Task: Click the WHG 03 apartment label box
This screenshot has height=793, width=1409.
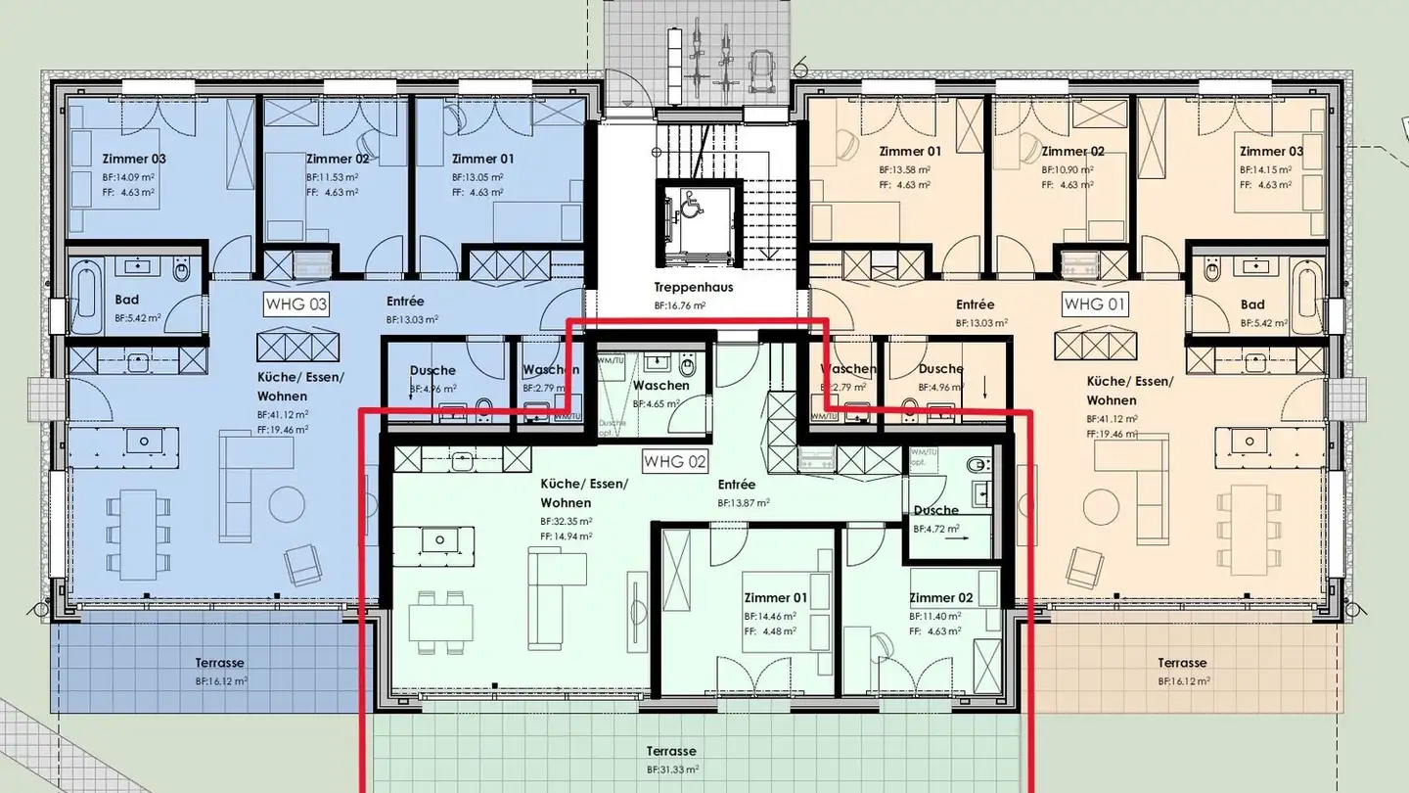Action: tap(296, 304)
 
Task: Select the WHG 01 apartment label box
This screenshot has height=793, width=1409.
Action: tap(1095, 304)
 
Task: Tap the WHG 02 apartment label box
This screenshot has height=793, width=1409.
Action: tap(674, 460)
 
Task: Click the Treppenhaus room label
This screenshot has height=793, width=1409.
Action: tap(694, 288)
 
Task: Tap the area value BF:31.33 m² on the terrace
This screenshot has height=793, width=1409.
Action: tap(671, 770)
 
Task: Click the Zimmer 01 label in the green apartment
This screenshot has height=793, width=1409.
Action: tap(775, 598)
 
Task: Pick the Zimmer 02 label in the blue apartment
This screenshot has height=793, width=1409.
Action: tap(337, 159)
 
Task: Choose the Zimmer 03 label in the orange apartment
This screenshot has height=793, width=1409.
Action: tap(1271, 152)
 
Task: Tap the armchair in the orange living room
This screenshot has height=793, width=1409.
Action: tap(1086, 566)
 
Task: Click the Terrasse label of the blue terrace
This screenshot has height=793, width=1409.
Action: tap(219, 663)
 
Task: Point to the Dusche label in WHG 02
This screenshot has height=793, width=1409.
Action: tap(935, 510)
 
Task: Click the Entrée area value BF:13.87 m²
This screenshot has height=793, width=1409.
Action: tap(743, 502)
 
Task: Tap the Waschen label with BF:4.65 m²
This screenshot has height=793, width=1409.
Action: tap(660, 386)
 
